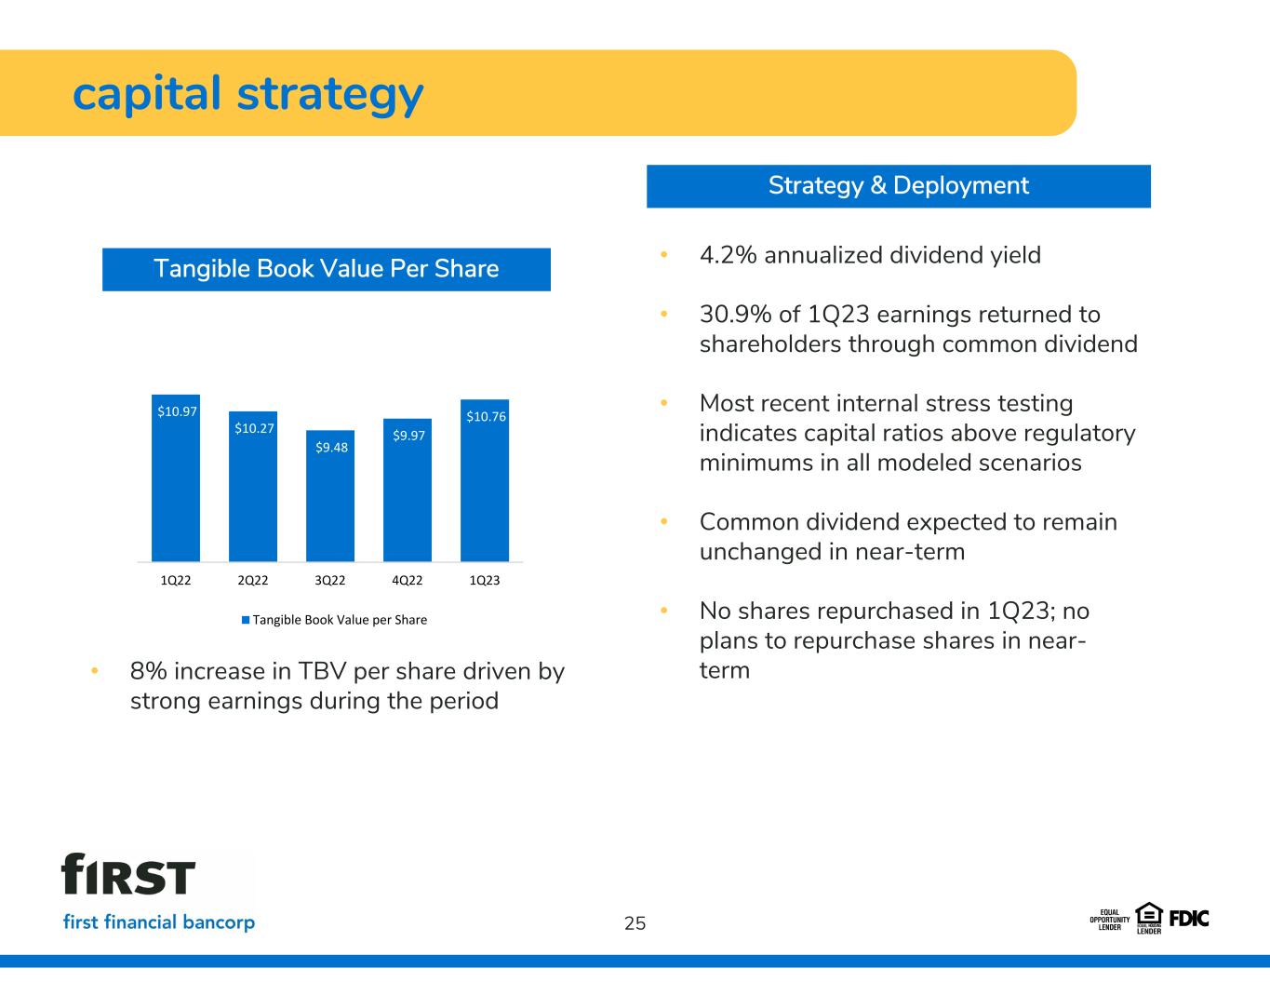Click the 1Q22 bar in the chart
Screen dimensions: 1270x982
point(175,478)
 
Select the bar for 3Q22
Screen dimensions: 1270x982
point(330,496)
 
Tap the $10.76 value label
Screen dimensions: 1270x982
point(486,416)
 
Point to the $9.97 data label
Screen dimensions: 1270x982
point(408,436)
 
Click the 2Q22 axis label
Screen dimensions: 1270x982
point(252,581)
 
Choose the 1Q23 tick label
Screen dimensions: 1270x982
point(485,581)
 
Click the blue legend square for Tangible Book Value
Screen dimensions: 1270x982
point(246,620)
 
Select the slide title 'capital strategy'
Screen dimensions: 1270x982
point(247,95)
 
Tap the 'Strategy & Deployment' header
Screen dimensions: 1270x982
point(898,186)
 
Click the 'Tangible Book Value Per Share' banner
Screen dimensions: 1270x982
point(327,269)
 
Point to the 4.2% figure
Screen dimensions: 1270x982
point(729,255)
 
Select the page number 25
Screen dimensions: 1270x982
point(635,923)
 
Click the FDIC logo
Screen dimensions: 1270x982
point(1189,919)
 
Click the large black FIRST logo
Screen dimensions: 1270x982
point(128,874)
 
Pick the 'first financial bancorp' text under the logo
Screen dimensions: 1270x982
point(159,922)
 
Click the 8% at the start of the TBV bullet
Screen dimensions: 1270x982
point(149,672)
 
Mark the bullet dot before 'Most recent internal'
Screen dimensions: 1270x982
point(664,403)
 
